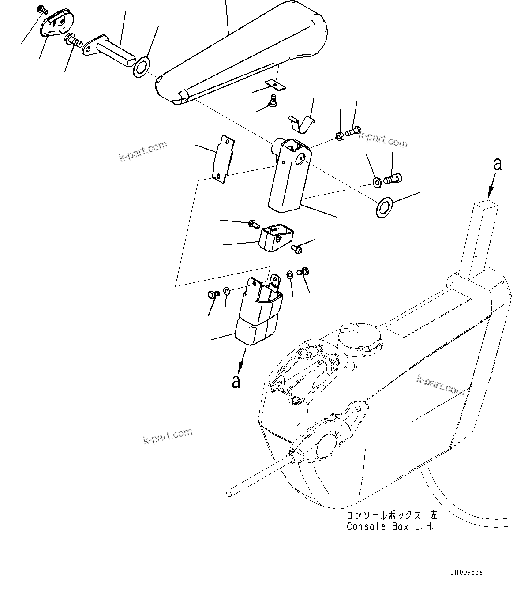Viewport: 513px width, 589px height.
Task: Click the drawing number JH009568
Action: pyautogui.click(x=466, y=572)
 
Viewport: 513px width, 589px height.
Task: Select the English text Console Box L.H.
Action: pyautogui.click(x=390, y=527)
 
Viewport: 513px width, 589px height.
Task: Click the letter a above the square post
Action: pyautogui.click(x=498, y=164)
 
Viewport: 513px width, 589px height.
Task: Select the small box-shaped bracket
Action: pyautogui.click(x=274, y=238)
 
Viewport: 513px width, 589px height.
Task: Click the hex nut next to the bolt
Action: pyautogui.click(x=340, y=135)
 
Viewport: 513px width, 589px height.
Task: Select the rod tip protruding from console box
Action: pyautogui.click(x=231, y=492)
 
